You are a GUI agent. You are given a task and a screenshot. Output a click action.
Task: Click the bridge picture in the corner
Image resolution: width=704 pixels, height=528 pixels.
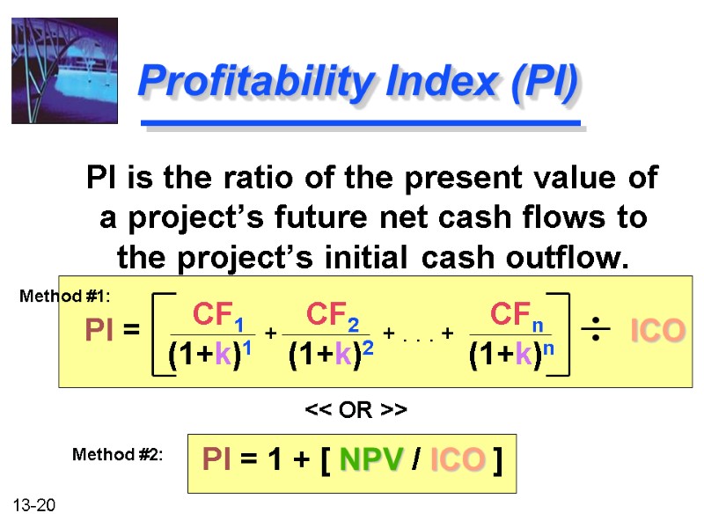click(63, 70)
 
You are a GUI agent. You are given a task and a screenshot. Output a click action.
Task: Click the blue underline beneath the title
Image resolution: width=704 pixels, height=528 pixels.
click(361, 124)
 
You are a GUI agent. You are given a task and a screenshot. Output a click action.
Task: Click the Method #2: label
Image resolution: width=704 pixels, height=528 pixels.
click(117, 455)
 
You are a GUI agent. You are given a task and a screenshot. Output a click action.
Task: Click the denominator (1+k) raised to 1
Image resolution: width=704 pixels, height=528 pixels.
click(210, 354)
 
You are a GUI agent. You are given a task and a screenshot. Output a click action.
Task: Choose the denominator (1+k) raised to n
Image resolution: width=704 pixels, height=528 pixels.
click(510, 354)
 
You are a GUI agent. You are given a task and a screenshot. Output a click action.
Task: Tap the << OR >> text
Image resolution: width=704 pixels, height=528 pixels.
click(356, 411)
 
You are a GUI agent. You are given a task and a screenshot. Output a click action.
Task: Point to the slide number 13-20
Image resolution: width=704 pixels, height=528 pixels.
click(34, 505)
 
